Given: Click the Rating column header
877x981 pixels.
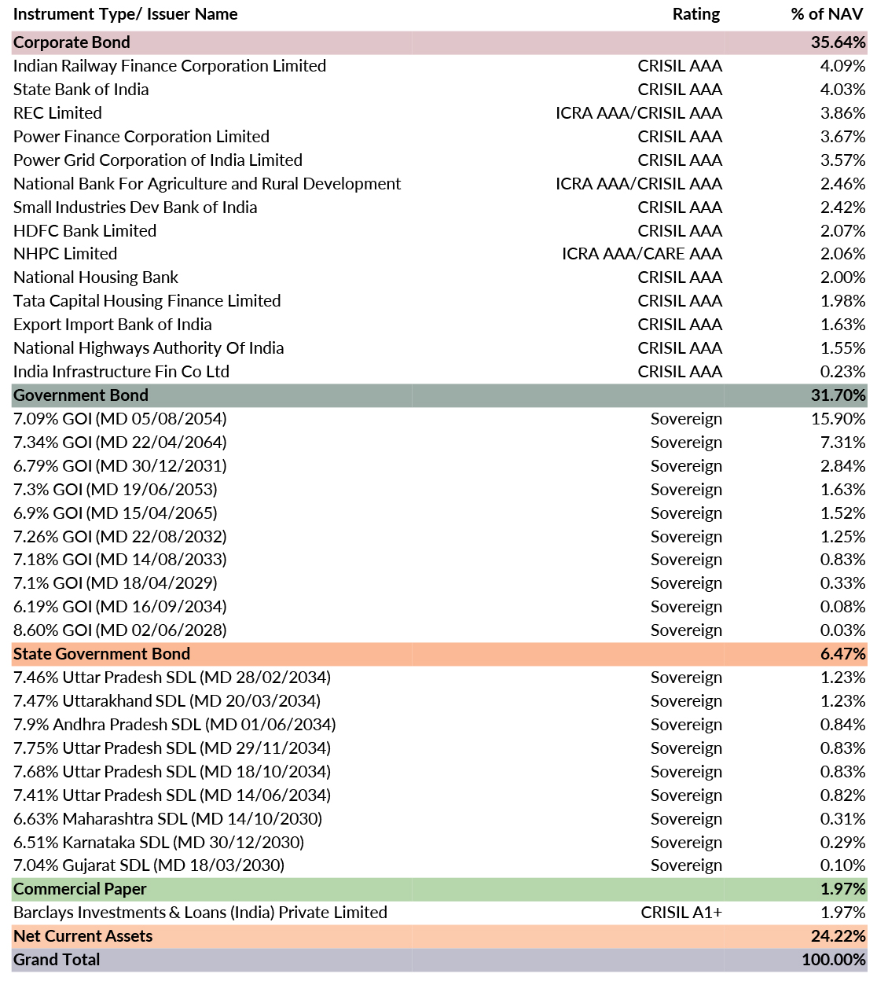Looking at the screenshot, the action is [x=695, y=14].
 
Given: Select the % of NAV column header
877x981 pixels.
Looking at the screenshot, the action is [x=827, y=14].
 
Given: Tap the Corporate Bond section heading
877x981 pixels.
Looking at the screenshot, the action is [x=72, y=42].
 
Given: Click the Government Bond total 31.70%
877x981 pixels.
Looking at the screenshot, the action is [x=838, y=395].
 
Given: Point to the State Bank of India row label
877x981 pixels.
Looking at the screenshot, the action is [x=81, y=90].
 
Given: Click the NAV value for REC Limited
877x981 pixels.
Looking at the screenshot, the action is [x=842, y=113].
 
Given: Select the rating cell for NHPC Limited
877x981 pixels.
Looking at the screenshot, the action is [x=642, y=254].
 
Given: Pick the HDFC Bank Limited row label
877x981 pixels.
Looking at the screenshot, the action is [x=85, y=231].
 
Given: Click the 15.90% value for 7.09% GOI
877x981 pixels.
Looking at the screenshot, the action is [x=838, y=419].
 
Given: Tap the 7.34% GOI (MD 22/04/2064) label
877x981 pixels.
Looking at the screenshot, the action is [x=120, y=443].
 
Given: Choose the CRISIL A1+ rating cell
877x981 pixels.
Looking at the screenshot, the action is [x=681, y=913].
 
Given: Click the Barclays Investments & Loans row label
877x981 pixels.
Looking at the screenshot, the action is [x=200, y=913].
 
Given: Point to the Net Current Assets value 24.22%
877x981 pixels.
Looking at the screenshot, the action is [x=838, y=936].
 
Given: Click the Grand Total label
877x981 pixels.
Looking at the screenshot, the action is [x=57, y=960].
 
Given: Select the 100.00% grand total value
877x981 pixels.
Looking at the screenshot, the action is [x=834, y=960].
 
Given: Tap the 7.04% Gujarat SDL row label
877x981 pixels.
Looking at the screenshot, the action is [x=149, y=865].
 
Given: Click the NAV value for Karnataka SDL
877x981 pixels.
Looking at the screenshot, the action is [x=842, y=842].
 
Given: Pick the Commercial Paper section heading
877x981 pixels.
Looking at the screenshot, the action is [x=80, y=889].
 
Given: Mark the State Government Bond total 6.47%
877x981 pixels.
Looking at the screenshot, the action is [x=842, y=654].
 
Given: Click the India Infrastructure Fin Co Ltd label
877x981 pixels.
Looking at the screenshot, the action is [x=122, y=372].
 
